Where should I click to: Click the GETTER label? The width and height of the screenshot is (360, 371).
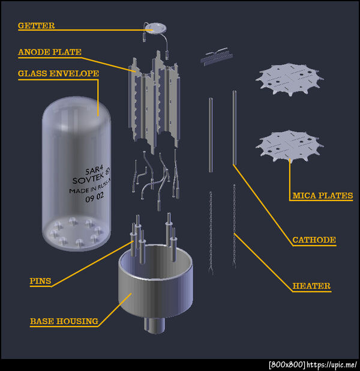point(36,26)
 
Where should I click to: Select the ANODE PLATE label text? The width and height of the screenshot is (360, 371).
point(50,52)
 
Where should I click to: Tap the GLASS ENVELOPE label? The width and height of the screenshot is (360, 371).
point(58,73)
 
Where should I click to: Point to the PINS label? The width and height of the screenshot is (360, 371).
point(40,281)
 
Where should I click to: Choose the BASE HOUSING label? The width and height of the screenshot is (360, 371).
point(64,321)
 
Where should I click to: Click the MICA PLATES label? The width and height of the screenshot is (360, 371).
point(323,196)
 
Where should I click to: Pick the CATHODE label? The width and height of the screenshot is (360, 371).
point(314,240)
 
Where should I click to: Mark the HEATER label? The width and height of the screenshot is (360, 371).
point(311,286)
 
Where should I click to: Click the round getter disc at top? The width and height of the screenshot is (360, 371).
point(155,28)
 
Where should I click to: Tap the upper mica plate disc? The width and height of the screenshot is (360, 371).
point(289,79)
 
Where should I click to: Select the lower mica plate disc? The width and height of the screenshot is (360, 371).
point(289,145)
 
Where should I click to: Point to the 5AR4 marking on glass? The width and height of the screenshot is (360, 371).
point(94,169)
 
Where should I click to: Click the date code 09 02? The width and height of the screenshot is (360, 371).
point(94,197)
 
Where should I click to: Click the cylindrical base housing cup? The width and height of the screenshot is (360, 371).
point(155,282)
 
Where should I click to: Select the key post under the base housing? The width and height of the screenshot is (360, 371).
point(154,325)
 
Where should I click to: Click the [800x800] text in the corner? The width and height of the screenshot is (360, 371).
point(287,364)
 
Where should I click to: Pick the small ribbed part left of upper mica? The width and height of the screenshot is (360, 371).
point(217,56)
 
